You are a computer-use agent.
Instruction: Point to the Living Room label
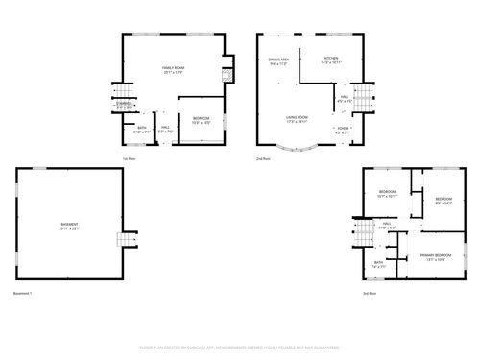[x=296, y=118]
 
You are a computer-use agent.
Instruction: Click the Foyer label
[x=342, y=128]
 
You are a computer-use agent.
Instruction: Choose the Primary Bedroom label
[x=435, y=255]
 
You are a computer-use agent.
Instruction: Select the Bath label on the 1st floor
[x=142, y=128]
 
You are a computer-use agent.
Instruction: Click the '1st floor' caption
[x=129, y=157]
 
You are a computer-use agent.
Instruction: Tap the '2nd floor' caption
[x=262, y=157]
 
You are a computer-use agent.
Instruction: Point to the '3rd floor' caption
[x=370, y=292]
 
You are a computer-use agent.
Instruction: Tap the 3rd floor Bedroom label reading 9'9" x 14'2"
[x=444, y=201]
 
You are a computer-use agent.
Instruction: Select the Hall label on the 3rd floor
[x=387, y=225]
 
